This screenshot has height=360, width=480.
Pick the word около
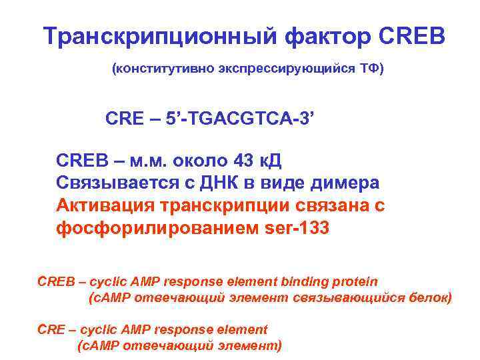(x=200, y=161)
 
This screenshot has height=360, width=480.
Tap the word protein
(x=353, y=282)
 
